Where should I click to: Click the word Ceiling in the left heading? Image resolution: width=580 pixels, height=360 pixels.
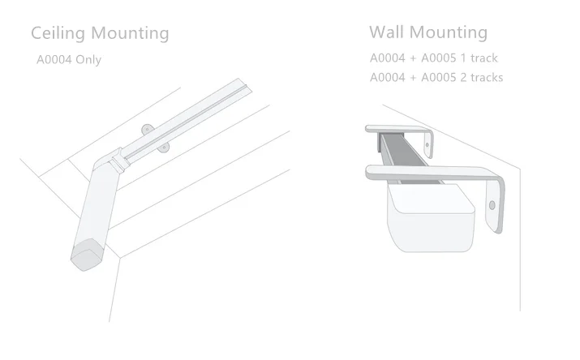tap(58, 33)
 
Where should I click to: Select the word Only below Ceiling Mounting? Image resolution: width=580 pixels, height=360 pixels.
tap(88, 59)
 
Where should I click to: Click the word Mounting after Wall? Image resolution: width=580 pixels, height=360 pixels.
tap(449, 33)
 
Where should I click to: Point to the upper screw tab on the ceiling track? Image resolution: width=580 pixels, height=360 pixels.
tap(148, 129)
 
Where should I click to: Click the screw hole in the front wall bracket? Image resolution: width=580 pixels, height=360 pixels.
tap(492, 206)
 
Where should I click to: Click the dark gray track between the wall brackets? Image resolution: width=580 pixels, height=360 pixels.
tap(406, 154)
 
